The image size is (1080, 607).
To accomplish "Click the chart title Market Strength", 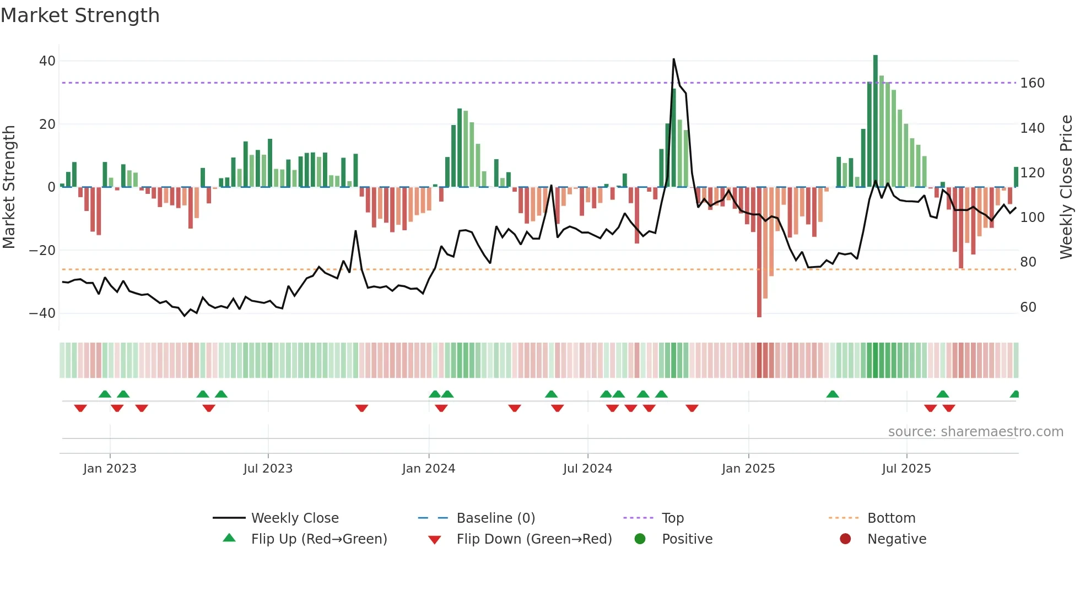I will (x=80, y=15).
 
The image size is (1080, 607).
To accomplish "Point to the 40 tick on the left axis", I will (x=47, y=61).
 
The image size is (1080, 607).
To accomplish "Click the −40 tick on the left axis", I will (x=42, y=313).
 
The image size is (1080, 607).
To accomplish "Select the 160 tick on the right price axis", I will (x=1032, y=83).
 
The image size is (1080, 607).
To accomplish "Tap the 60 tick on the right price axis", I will (x=1028, y=307).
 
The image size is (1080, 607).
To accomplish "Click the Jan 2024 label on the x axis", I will (x=429, y=469).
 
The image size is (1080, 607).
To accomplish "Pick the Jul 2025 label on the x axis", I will (x=906, y=469).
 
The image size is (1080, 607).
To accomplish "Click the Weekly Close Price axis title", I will (x=1066, y=187).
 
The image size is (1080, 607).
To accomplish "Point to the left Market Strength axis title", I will (x=9, y=187).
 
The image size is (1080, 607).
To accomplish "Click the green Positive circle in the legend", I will (x=640, y=539).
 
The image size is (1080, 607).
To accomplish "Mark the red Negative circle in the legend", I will (x=845, y=539).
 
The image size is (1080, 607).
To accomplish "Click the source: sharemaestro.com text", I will (x=975, y=432).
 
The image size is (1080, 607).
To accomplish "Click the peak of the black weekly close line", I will (x=674, y=59).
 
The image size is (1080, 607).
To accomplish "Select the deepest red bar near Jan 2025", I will (x=759, y=253).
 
